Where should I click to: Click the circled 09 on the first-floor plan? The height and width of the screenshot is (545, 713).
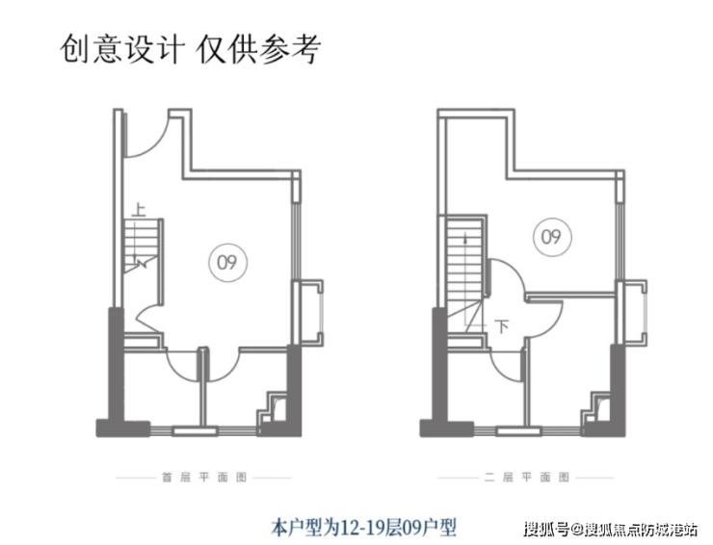click(x=227, y=260)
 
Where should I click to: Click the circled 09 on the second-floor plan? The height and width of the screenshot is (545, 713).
click(x=548, y=236)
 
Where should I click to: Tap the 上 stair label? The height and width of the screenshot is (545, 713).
click(x=140, y=206)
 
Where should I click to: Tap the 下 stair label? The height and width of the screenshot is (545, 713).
click(x=501, y=325)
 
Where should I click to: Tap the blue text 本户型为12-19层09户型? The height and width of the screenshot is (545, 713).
click(x=362, y=527)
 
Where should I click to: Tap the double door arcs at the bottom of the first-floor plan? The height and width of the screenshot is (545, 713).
click(x=201, y=360)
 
